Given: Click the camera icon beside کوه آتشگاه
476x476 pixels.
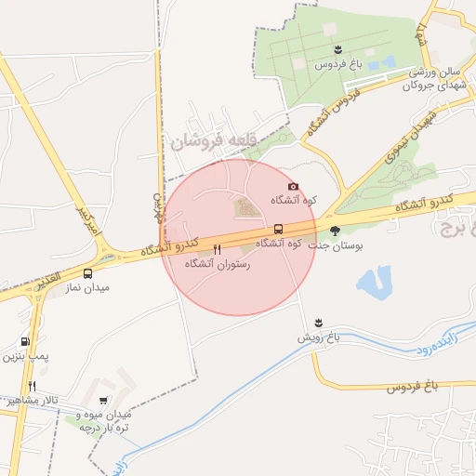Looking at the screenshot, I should [x=293, y=187].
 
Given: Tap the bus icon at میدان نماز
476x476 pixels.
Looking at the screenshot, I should [x=87, y=274].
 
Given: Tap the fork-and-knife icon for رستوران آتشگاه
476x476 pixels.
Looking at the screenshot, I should [x=217, y=249].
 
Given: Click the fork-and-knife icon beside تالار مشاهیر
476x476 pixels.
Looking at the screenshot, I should [x=32, y=386].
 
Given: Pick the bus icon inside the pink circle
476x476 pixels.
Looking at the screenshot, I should [x=278, y=229].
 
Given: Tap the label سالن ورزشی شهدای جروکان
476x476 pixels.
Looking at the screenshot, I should [x=427, y=79].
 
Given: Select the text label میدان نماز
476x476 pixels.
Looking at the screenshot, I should [x=88, y=288].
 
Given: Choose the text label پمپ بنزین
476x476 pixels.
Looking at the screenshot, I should [x=22, y=355].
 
